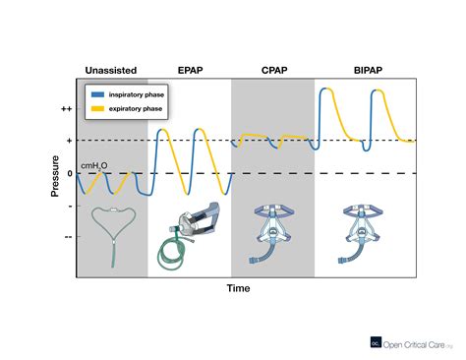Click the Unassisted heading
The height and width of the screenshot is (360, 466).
[x=111, y=71]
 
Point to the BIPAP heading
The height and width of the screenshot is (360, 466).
[x=366, y=71]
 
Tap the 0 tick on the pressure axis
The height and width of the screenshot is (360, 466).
[x=68, y=174]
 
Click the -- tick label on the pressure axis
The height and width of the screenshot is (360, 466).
[x=68, y=237]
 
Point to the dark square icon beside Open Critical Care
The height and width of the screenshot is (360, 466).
[x=375, y=342]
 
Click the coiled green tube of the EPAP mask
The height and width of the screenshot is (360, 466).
[x=172, y=255]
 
